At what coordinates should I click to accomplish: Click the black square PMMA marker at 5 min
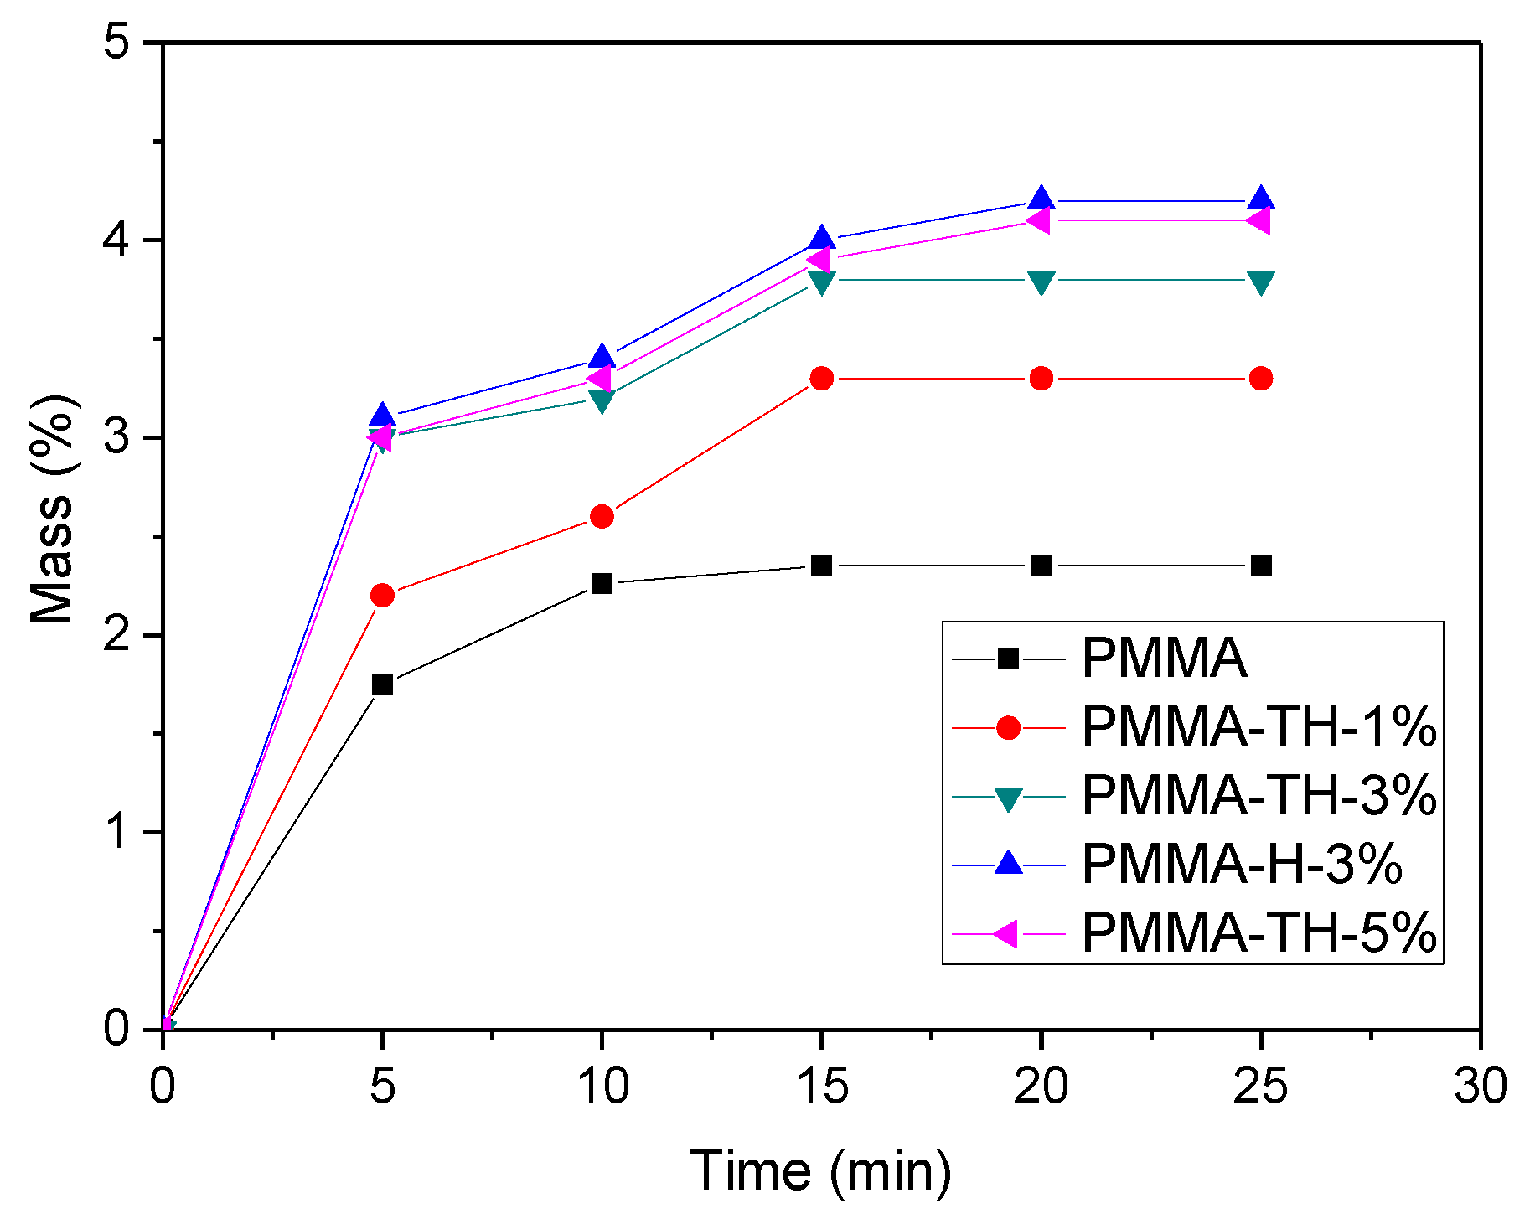382,684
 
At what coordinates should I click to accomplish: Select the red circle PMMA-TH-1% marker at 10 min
602,516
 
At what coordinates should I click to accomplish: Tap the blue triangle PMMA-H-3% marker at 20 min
1041,199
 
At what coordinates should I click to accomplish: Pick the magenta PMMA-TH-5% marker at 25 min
1258,221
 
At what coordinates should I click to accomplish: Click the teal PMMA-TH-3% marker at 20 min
1041,282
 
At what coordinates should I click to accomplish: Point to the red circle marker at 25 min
1260,379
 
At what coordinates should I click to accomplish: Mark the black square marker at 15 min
822,566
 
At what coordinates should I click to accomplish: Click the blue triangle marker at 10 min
602,357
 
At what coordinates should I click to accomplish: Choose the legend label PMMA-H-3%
1242,863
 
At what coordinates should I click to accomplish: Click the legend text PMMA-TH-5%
1259,932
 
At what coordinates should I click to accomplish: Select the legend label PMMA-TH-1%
1259,726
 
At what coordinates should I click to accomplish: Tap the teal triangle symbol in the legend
1008,798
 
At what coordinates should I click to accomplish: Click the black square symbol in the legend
1008,659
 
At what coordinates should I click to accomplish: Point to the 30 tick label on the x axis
1481,1087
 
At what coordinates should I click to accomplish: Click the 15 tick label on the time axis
822,1087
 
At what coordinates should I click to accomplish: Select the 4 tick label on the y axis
119,240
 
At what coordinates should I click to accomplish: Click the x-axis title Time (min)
821,1170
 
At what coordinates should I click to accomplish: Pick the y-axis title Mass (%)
52,509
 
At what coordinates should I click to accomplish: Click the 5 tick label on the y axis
119,43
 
